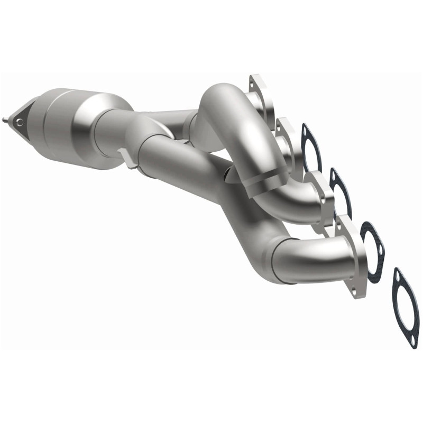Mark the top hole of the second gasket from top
point(335,174)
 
